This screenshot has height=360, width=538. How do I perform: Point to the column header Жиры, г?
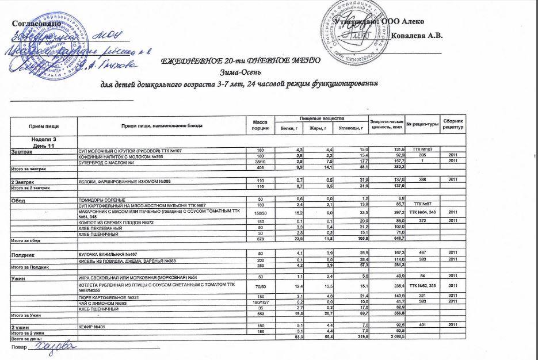(x=317, y=128)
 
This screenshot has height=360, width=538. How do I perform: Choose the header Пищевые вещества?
(x=319, y=118)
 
